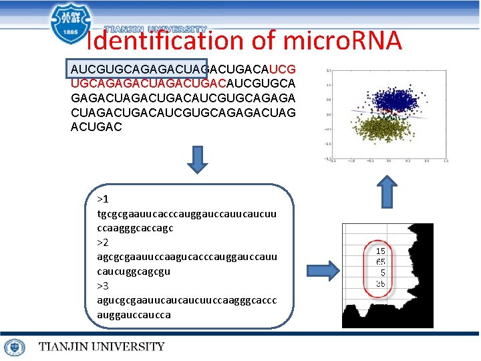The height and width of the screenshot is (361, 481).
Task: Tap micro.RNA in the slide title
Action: (342, 41)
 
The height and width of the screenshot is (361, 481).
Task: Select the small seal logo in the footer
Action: (15, 347)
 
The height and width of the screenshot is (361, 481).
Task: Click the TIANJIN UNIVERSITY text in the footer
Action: (102, 347)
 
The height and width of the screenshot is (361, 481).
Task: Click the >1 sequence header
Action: (103, 200)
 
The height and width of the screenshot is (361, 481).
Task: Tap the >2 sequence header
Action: (103, 242)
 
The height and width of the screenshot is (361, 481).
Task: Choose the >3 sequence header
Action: (103, 285)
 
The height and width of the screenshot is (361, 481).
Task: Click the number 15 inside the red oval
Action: (381, 251)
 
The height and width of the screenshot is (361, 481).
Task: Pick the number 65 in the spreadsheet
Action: (381, 262)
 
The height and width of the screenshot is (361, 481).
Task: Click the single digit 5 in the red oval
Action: (383, 273)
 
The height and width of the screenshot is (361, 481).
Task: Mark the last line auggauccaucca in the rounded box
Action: (134, 314)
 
